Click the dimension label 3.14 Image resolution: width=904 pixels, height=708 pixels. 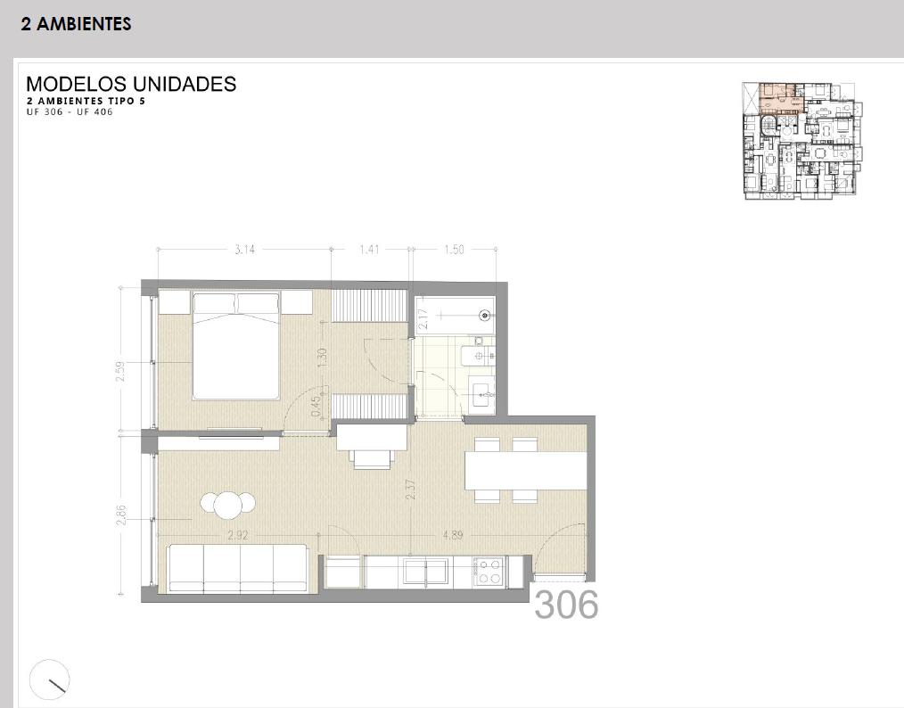(x=244, y=250)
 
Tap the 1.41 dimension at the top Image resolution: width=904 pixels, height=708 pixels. (x=370, y=250)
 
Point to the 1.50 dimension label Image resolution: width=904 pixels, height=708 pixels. (x=454, y=250)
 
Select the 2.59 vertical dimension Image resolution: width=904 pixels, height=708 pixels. (x=120, y=371)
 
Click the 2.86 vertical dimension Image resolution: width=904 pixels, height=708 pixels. (x=121, y=515)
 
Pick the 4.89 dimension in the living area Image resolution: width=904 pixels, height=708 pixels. (x=453, y=535)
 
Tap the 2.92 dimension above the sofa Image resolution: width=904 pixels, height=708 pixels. (x=237, y=535)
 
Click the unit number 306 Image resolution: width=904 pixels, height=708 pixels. (x=566, y=605)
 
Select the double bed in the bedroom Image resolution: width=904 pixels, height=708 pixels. (x=236, y=346)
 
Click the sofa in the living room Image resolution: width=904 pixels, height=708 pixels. (x=237, y=569)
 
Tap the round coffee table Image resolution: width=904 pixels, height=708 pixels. (x=228, y=505)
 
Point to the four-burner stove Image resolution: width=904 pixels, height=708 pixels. (x=489, y=572)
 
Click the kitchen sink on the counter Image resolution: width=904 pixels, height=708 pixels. (x=426, y=572)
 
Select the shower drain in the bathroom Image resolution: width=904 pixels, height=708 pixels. (x=486, y=315)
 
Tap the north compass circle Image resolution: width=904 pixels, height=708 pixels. (x=50, y=679)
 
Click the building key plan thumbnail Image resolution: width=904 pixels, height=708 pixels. (x=802, y=141)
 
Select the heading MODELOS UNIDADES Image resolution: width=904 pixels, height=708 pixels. (x=131, y=84)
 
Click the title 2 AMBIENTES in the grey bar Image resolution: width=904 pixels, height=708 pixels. (x=76, y=24)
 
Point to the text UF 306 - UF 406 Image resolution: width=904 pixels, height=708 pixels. (x=70, y=111)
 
